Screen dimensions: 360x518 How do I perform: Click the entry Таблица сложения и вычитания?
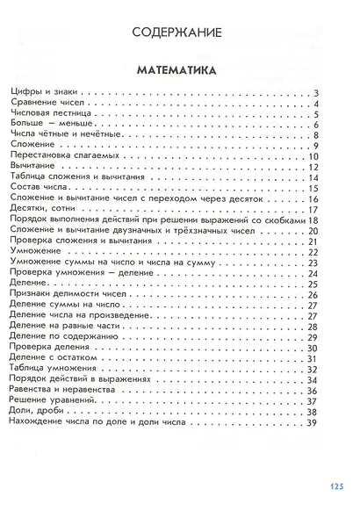[x=80, y=177]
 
